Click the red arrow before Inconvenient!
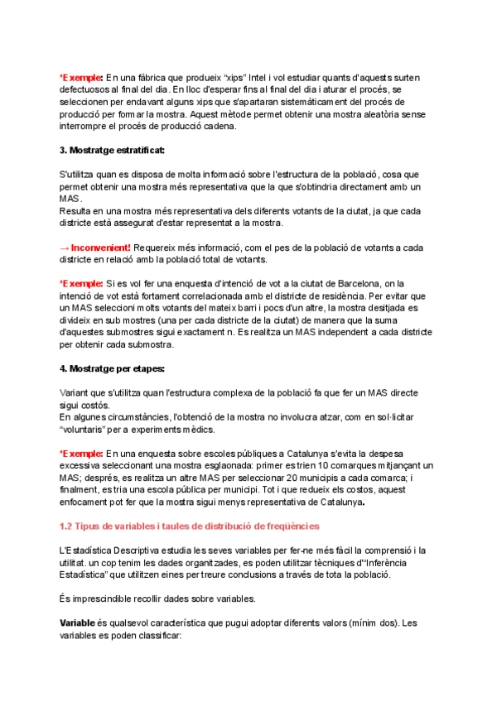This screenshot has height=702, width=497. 65,248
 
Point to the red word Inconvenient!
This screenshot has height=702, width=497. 101,248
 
